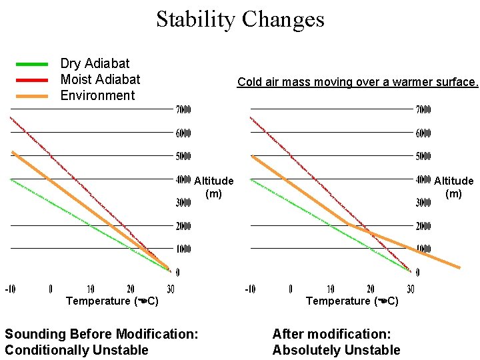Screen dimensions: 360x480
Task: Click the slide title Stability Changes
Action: tap(240, 19)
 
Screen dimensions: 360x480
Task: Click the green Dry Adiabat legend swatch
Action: tap(32, 64)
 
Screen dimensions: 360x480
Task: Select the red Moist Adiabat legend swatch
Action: tap(32, 80)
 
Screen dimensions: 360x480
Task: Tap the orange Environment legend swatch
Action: tap(32, 96)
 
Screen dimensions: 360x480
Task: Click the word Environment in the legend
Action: tap(97, 95)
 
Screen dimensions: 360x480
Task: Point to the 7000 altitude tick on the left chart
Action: tap(183, 109)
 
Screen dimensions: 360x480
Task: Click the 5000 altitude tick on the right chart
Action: tap(423, 157)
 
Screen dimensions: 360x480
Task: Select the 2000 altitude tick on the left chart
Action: tap(183, 226)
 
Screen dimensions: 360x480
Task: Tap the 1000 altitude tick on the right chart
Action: tap(423, 249)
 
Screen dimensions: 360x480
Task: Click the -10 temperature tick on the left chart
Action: tap(11, 289)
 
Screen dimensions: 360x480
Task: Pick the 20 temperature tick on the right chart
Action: tap(370, 289)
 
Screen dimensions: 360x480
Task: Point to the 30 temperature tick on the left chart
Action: tap(170, 289)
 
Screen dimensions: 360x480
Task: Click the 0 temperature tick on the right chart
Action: tap(291, 289)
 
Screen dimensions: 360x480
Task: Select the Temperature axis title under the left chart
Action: tap(112, 301)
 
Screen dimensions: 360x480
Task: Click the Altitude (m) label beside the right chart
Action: tap(453, 187)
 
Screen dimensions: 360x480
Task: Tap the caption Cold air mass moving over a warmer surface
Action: tap(358, 83)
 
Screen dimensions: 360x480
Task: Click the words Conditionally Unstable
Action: tap(77, 350)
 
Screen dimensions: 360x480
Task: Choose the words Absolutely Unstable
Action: tap(336, 350)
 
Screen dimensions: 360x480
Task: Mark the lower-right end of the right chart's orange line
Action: tap(459, 267)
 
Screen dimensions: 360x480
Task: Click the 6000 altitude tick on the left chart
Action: tap(183, 133)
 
